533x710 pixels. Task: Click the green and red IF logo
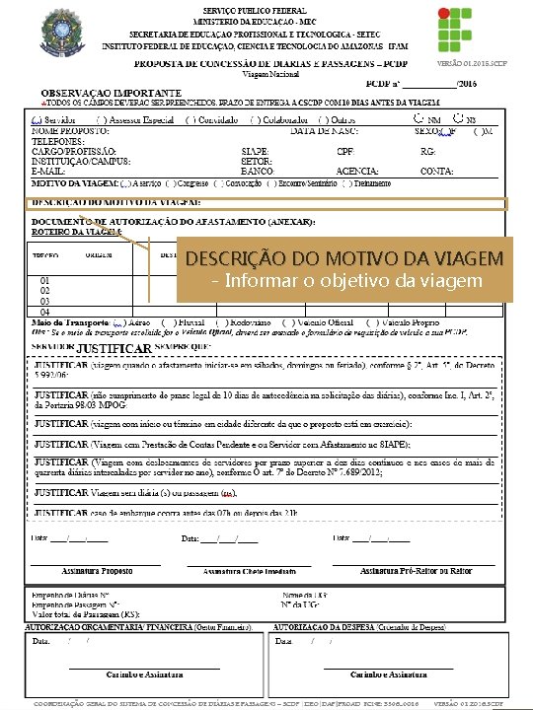(x=485, y=33)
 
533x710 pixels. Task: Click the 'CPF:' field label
(x=345, y=151)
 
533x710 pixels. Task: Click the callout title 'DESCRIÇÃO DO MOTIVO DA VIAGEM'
(x=343, y=260)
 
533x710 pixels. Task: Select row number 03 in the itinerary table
(x=44, y=301)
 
